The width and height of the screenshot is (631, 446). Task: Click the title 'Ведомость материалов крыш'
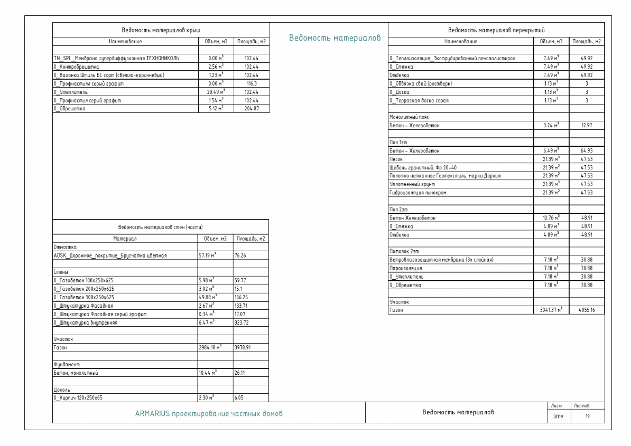point(161,30)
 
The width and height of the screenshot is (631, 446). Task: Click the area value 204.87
point(251,108)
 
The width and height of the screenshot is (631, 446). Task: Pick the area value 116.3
point(251,83)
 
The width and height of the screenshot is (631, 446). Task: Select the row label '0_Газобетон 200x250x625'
point(84,289)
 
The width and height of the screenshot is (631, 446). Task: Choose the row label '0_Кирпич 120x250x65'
point(79,398)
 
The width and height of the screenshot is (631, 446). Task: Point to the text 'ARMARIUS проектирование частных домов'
point(209,413)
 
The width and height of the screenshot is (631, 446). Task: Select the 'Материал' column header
point(124,239)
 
